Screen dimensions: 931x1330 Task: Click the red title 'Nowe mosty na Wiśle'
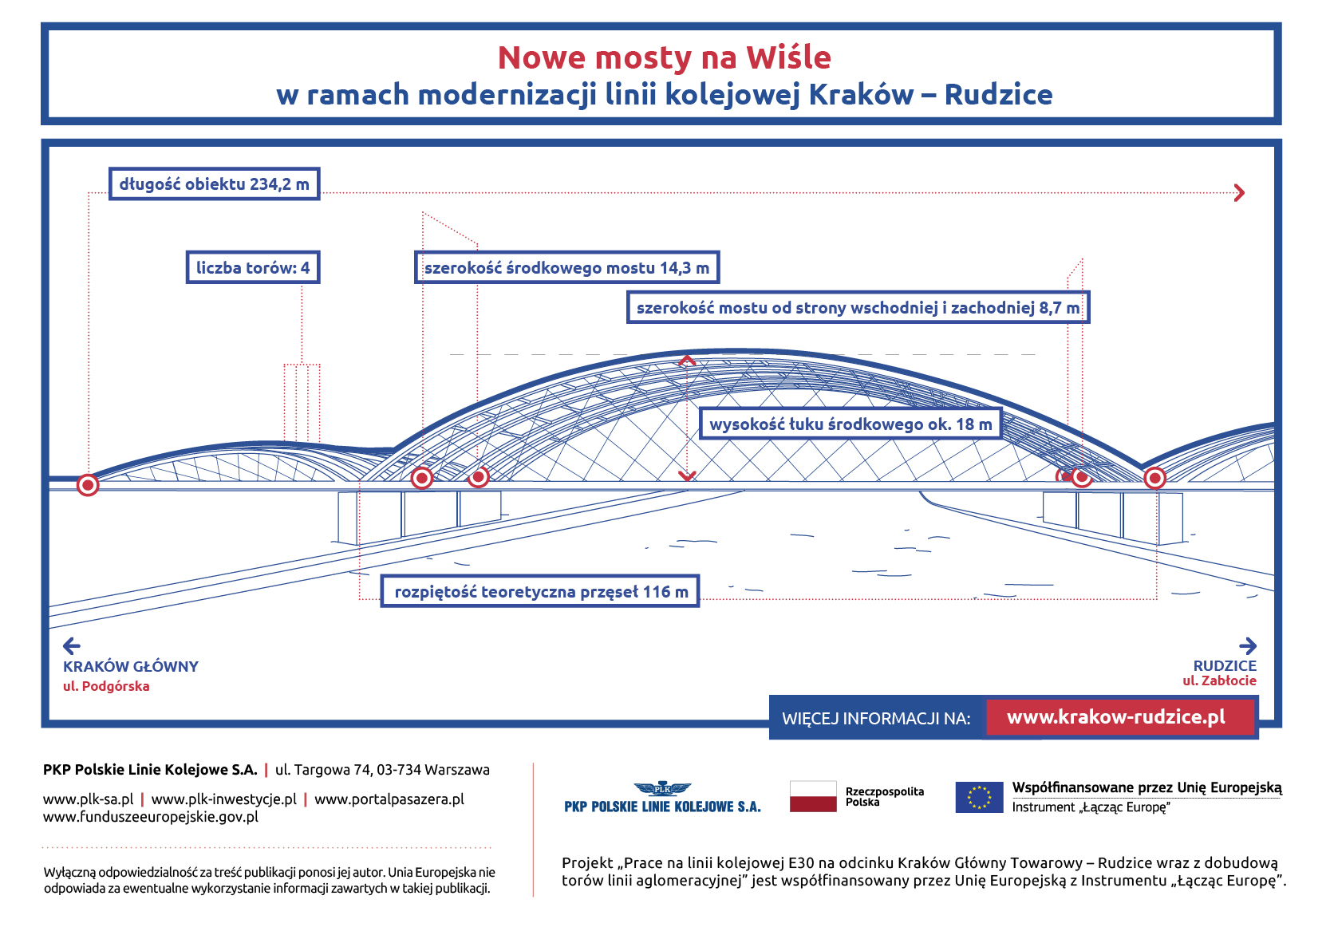664,57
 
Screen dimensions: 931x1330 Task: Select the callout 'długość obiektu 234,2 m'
214,184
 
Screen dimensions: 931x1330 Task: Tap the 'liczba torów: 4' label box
253,267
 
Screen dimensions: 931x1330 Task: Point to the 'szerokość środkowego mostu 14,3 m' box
566,268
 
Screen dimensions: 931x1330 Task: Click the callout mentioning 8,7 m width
858,308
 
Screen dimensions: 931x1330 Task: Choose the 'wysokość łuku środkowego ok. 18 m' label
850,424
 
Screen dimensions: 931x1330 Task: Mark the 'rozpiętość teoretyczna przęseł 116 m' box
540,592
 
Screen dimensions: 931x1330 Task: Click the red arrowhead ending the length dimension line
1239,193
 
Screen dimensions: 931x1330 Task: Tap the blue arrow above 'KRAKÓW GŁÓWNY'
72,645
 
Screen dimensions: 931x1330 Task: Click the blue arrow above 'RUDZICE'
1248,645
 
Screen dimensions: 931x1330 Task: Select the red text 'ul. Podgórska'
106,686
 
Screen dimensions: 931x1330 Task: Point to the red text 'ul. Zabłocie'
1219,680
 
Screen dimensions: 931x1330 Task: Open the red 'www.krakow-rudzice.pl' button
1116,717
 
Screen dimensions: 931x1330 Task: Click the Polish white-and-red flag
813,796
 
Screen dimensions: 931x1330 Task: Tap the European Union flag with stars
979,796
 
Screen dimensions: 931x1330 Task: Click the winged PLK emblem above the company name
662,788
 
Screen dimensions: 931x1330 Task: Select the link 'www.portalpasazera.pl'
389,799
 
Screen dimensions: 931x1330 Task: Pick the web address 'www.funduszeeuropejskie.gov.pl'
151,817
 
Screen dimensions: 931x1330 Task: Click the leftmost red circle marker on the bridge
88,485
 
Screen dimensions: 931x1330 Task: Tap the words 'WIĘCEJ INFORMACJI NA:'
876,718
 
